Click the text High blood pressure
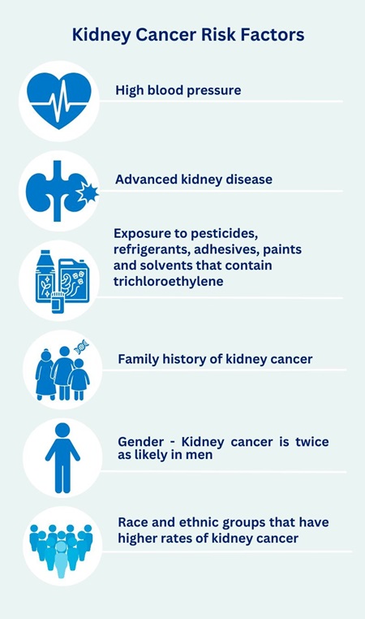click(178, 90)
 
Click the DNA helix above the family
click(81, 347)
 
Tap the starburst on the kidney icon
click(86, 193)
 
